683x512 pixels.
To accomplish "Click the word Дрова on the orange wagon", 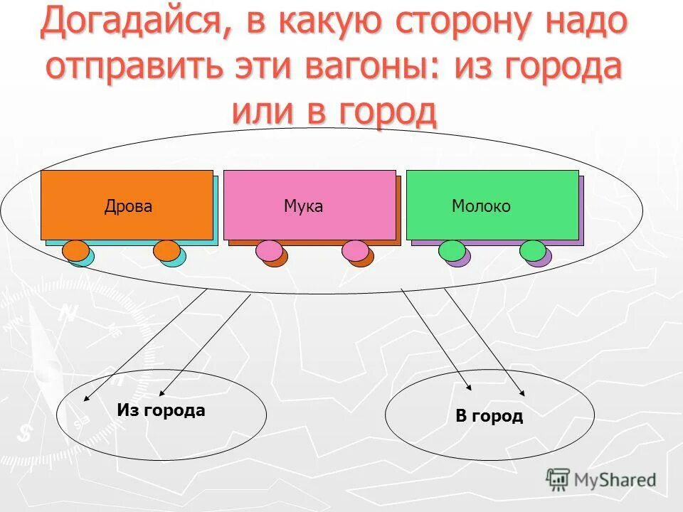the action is coord(128,206).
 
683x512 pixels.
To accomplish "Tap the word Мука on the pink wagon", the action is coord(303,206).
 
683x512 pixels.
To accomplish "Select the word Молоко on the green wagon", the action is coord(481,206).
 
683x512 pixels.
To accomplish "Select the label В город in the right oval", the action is coord(489,416).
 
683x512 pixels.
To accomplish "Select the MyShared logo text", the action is coord(615,480).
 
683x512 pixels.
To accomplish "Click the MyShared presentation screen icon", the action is coord(558,480).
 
